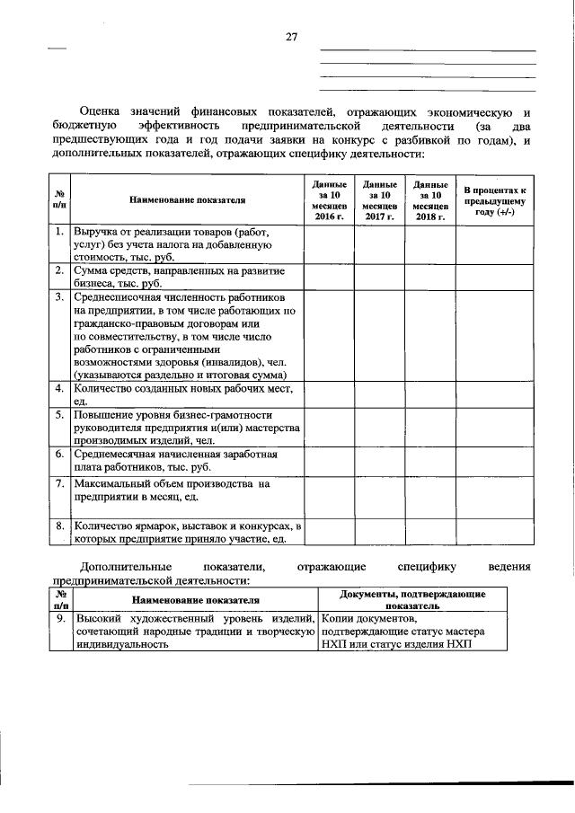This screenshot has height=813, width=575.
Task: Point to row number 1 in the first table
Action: [58, 232]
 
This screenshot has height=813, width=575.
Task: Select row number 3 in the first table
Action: [58, 296]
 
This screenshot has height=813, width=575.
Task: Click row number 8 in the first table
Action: [58, 526]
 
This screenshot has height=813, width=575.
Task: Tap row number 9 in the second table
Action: [58, 619]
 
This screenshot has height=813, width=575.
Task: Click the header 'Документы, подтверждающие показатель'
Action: [412, 600]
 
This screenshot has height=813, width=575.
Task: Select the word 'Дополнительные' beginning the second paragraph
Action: [126, 567]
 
